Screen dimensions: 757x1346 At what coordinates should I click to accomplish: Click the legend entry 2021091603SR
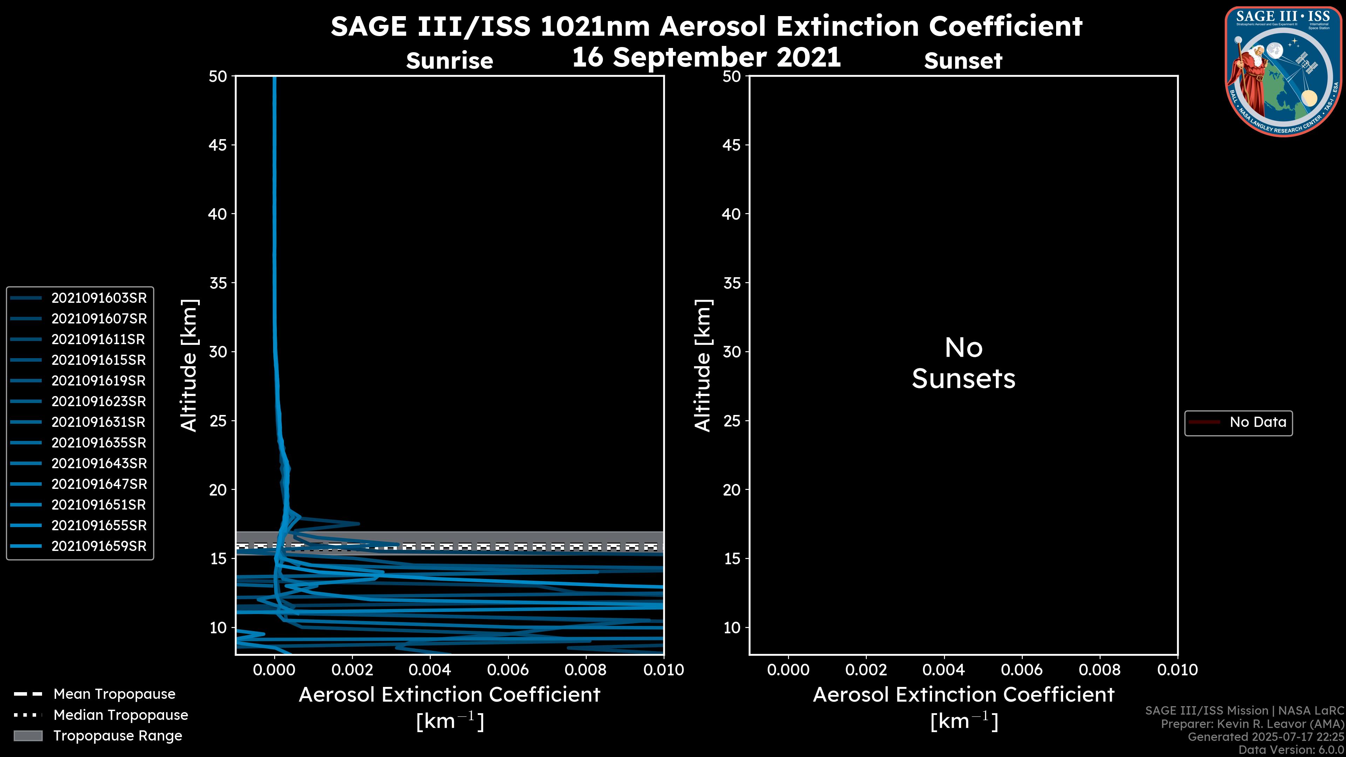click(99, 298)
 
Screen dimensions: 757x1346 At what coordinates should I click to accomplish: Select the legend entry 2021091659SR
click(99, 546)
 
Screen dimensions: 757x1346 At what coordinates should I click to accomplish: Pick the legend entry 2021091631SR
click(99, 422)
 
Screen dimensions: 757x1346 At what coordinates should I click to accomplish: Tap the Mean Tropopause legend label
click(114, 694)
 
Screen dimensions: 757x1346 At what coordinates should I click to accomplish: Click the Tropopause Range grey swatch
click(28, 736)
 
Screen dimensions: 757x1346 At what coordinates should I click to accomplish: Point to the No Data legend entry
click(1257, 422)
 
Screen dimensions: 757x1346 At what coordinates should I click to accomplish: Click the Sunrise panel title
click(449, 61)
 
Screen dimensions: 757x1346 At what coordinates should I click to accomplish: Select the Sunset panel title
click(963, 61)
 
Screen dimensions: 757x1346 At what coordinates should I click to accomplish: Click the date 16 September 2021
click(706, 57)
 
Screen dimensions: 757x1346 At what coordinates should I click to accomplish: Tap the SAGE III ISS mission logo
click(1283, 71)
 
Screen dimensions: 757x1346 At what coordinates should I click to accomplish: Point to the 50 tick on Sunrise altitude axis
click(218, 76)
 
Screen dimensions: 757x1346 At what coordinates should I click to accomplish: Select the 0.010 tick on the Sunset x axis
click(1177, 670)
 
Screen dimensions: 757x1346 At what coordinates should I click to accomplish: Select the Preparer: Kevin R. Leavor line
click(1252, 724)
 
